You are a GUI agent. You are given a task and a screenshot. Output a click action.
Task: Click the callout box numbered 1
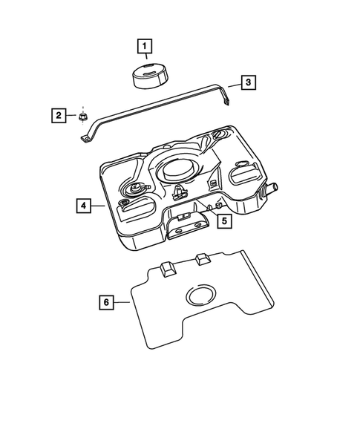tap(145, 46)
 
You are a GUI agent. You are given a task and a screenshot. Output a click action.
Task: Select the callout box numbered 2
tap(59, 115)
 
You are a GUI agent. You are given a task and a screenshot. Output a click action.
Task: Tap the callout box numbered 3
tap(248, 82)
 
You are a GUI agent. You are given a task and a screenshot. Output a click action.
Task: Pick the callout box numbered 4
tap(84, 206)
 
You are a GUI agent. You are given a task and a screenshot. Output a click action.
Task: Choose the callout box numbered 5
tap(225, 220)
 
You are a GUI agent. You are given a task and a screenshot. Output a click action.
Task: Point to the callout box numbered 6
tap(106, 302)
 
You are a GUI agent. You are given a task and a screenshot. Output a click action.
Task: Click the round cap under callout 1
tap(150, 75)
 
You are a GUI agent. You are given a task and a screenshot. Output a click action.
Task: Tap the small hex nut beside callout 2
tap(82, 117)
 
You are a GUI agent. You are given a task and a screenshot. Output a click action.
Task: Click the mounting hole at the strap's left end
tap(85, 138)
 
